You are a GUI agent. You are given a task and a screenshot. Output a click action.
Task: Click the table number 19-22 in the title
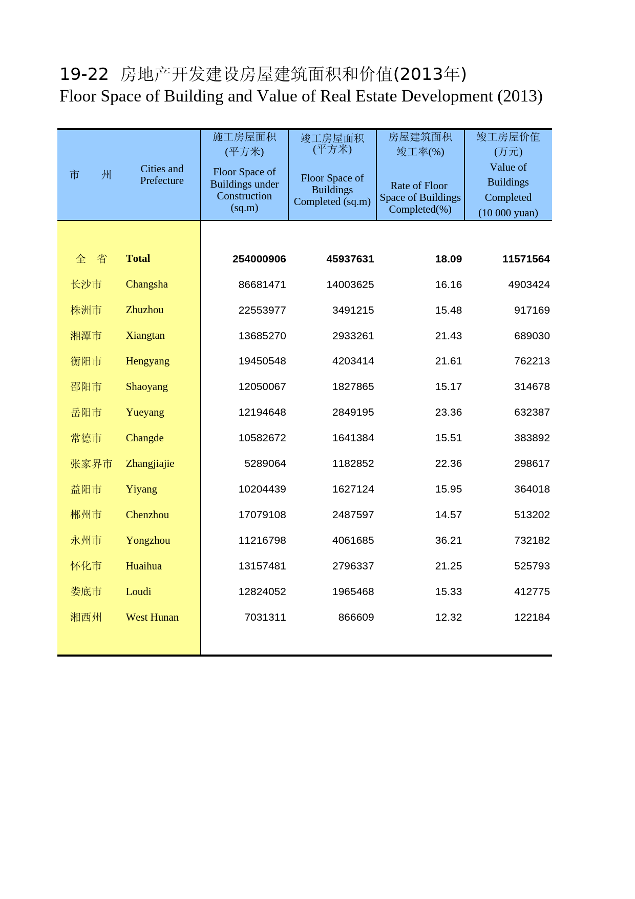tap(84, 75)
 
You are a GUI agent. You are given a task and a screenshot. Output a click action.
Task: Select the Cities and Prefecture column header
tap(162, 175)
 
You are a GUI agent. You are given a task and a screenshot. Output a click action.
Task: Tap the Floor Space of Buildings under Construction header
tap(244, 190)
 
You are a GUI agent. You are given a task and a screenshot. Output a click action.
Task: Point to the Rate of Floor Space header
tap(420, 197)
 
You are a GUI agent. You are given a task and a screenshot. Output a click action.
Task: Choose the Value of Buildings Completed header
tap(508, 190)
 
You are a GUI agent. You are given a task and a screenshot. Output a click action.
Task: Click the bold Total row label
tap(138, 259)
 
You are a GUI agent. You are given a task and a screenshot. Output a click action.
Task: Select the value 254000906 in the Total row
tap(259, 259)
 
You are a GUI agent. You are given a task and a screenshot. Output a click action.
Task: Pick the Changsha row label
tap(146, 284)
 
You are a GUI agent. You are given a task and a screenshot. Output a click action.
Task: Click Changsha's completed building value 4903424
tap(528, 285)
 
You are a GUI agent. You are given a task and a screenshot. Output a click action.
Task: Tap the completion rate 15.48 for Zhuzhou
tap(448, 311)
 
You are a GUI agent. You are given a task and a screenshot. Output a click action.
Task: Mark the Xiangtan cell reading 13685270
tap(262, 336)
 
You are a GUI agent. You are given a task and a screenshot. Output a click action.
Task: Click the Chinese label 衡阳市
tap(86, 361)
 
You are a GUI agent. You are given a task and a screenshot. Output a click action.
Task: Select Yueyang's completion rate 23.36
tap(448, 413)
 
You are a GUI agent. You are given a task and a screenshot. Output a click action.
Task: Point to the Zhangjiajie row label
tap(150, 464)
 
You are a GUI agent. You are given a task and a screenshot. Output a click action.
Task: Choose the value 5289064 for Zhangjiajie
tap(265, 464)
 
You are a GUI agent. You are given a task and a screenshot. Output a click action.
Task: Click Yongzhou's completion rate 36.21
tap(448, 541)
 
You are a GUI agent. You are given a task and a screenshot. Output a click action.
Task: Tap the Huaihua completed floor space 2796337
tap(353, 566)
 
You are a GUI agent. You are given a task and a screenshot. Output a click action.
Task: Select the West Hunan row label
tap(152, 618)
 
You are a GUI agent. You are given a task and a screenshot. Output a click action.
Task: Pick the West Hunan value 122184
tap(532, 618)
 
